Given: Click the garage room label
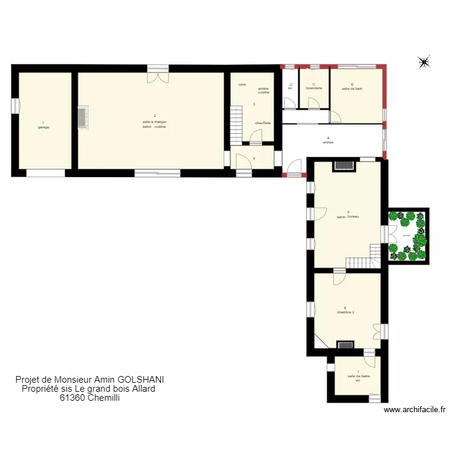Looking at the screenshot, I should [x=43, y=127].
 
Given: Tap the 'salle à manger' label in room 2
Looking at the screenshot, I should [x=155, y=122].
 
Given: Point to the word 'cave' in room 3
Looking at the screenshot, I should [x=242, y=84].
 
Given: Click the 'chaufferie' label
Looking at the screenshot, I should [x=263, y=123].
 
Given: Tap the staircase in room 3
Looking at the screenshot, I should [x=236, y=124].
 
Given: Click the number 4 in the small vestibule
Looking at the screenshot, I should [x=254, y=159].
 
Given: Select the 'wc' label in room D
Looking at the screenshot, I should [x=290, y=89].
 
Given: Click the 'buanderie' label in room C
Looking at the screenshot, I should [x=314, y=89].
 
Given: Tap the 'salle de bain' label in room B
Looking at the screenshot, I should [x=352, y=89].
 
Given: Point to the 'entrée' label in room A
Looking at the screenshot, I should [x=328, y=142].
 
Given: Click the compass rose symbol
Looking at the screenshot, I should [x=424, y=61].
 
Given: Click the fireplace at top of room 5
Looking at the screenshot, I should [x=345, y=165].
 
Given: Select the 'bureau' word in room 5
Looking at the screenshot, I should [x=353, y=216].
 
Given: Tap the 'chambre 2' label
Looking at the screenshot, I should [x=345, y=312].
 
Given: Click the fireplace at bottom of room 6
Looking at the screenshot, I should [x=345, y=345].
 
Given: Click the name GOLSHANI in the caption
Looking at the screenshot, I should [x=140, y=380].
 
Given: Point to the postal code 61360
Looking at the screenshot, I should [x=72, y=397].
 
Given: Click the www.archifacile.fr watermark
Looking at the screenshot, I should [x=414, y=410].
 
